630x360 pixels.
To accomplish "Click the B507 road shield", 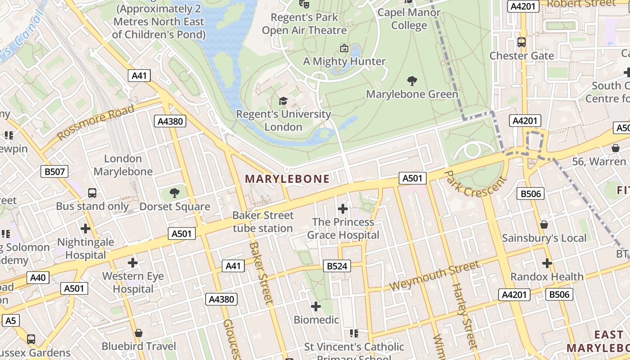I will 55,171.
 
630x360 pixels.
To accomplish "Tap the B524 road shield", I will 337,266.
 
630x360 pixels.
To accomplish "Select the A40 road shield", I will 38,278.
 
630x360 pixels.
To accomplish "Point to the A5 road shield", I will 11,320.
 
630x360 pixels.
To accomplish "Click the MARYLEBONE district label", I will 287,179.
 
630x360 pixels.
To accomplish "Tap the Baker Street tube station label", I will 263,222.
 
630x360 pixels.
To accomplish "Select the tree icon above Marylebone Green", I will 412,81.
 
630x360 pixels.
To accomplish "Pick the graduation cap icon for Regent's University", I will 283,101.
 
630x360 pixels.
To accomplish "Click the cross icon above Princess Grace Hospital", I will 343,209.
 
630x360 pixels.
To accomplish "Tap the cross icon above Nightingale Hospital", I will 85,228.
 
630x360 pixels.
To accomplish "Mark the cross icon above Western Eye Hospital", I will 133,262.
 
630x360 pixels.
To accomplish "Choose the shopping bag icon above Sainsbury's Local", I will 544,225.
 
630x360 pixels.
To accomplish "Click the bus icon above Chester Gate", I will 522,43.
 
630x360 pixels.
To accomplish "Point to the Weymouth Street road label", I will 434,275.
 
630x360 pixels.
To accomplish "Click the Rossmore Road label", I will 96,121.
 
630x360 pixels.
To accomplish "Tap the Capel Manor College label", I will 409,18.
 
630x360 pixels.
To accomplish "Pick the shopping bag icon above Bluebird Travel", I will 139,333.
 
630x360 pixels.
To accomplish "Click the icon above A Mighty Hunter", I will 344,48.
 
